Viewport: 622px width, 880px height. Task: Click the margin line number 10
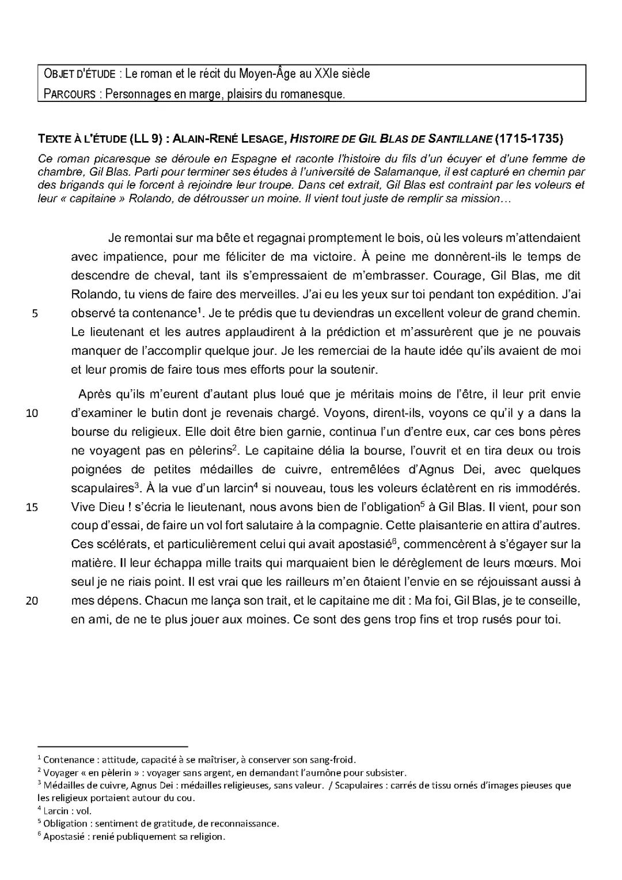click(x=32, y=413)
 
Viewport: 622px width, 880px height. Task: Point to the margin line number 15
click(x=32, y=507)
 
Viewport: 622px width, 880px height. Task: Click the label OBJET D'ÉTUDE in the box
click(x=79, y=74)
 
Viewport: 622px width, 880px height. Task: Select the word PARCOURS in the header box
click(x=69, y=94)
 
